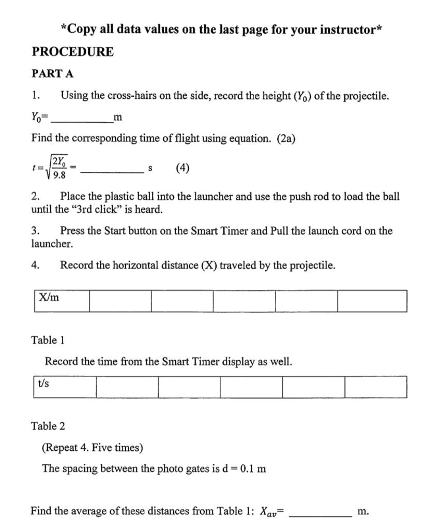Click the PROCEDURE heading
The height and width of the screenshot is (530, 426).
pos(73,52)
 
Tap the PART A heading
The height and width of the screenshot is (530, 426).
pos(52,73)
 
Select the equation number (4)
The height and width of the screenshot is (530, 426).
pos(182,168)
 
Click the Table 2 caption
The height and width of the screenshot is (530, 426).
pos(48,426)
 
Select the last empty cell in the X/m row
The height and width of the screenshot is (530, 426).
pos(372,301)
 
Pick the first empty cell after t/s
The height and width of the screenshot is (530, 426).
pos(127,387)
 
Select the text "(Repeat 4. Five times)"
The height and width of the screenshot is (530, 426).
pos(92,447)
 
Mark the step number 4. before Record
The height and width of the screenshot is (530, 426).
pos(35,266)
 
